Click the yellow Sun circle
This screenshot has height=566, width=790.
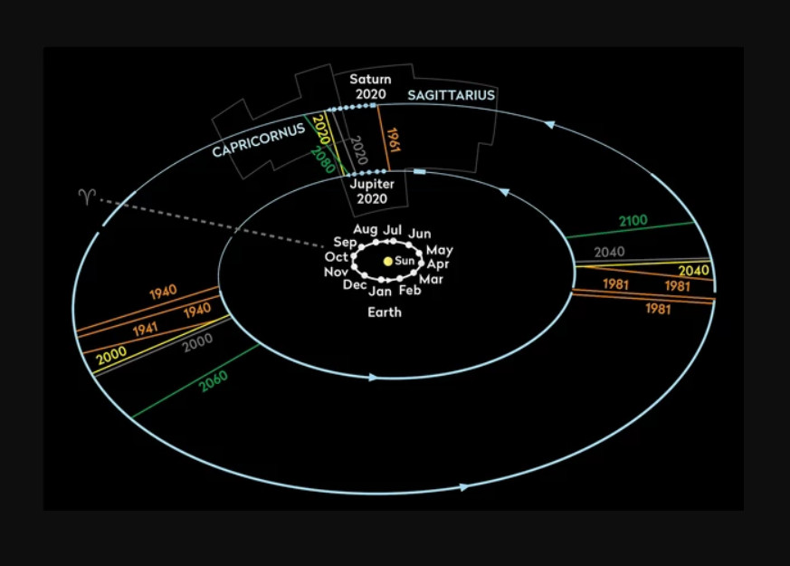tap(387, 261)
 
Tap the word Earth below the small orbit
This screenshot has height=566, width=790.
tap(384, 312)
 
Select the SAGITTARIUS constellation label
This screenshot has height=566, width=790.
tap(451, 95)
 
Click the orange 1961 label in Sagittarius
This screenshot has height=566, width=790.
tap(394, 140)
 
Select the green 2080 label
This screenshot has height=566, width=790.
tap(323, 159)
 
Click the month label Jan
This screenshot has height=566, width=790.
tap(380, 292)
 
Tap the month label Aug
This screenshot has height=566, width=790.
tap(365, 229)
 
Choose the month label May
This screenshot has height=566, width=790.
tap(440, 250)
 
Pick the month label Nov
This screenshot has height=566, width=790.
tap(336, 273)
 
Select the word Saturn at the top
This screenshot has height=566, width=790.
tap(370, 80)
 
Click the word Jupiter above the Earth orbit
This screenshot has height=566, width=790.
tap(371, 185)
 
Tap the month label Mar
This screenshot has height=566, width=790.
tap(432, 280)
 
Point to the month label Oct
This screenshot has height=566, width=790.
tap(337, 258)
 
